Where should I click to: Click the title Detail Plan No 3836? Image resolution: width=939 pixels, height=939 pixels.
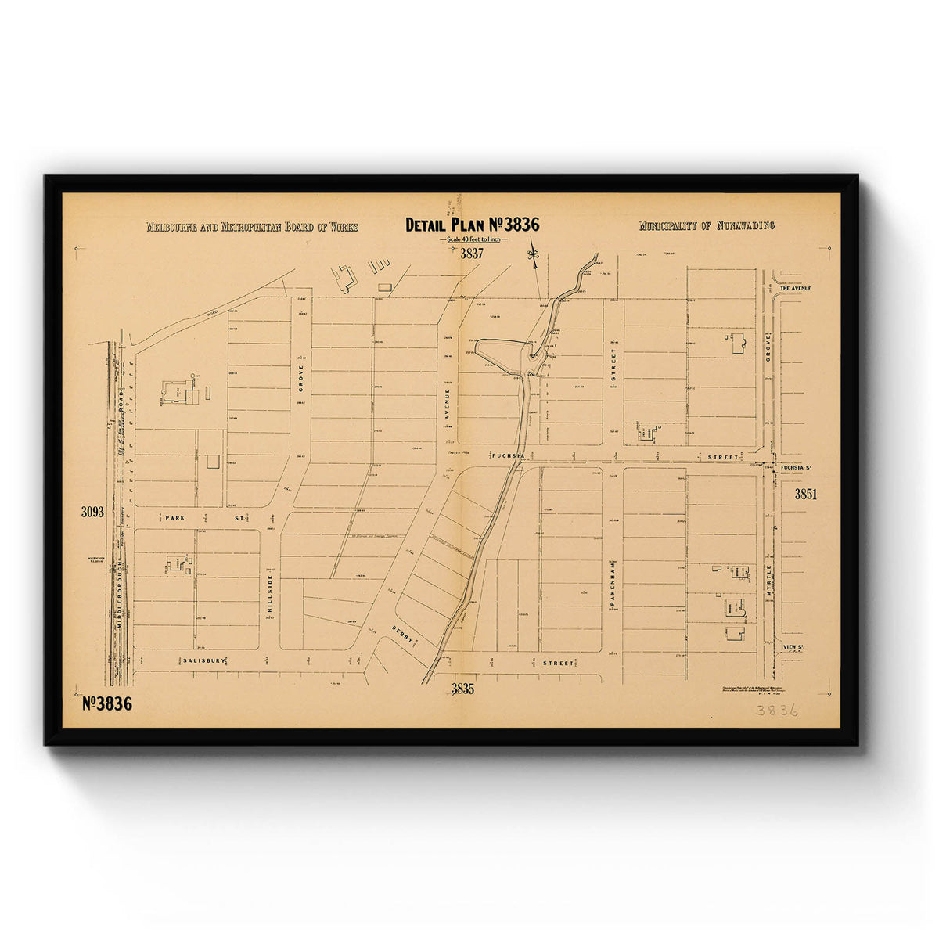click(472, 225)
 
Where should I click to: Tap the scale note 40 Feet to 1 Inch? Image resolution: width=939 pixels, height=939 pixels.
click(473, 239)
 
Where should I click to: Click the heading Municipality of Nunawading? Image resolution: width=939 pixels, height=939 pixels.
click(706, 225)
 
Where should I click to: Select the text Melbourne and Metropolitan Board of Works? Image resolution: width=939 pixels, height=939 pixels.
click(252, 227)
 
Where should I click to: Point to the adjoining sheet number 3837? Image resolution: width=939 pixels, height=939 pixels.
click(472, 254)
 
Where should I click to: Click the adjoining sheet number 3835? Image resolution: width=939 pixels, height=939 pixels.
click(462, 689)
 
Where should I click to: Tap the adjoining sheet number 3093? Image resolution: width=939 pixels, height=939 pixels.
click(92, 513)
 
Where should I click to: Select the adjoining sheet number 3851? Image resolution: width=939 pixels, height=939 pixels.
click(805, 494)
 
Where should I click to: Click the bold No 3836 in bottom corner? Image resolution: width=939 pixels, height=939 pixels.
click(107, 703)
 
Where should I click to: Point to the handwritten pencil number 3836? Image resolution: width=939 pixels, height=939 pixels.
click(776, 710)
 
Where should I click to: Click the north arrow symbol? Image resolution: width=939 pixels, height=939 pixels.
click(534, 255)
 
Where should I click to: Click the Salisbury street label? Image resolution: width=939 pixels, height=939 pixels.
click(202, 661)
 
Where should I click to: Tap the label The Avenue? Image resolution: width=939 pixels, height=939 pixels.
click(795, 288)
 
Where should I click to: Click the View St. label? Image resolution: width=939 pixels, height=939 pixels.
click(794, 647)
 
